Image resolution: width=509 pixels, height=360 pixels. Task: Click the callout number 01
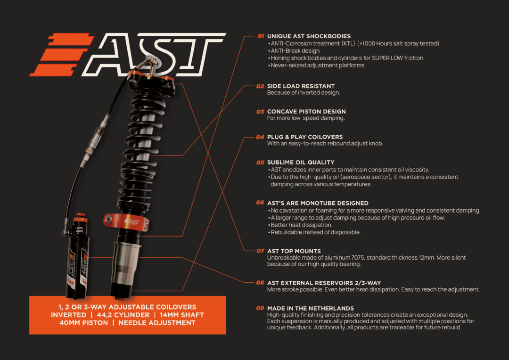tap(261, 36)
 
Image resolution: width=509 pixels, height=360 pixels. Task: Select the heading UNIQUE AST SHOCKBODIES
tap(309, 36)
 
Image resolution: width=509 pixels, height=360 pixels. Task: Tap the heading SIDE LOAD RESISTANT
tap(301, 86)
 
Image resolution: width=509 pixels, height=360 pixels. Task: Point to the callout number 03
tap(261, 112)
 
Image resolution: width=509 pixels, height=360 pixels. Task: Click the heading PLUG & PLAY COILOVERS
tap(305, 137)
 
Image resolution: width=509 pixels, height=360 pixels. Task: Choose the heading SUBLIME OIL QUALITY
tap(301, 163)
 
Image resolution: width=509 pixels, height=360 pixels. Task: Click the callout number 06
tap(261, 203)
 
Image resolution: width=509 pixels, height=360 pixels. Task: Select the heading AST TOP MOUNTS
tap(294, 251)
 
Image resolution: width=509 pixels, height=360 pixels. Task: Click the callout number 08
tap(261, 283)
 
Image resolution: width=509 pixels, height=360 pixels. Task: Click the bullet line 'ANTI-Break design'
tap(295, 51)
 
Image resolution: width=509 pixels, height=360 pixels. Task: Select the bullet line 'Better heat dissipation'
tap(302, 225)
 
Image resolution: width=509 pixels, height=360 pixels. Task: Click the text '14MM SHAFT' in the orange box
tap(181, 315)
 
